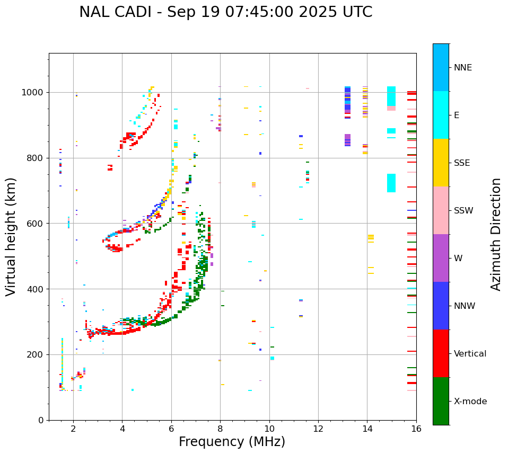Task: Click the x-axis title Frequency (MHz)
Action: (x=232, y=442)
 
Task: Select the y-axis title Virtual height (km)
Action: (x=11, y=236)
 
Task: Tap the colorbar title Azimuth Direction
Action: (x=496, y=234)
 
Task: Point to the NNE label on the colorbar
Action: (x=463, y=68)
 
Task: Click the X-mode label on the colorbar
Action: (x=470, y=402)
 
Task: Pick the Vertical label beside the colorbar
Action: (x=470, y=354)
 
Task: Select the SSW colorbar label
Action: (x=463, y=211)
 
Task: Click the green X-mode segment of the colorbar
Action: (x=441, y=401)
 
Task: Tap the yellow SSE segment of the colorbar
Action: (x=441, y=163)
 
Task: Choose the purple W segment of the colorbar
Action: (x=441, y=258)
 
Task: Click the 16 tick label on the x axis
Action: (x=416, y=429)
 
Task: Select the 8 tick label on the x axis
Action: (x=220, y=429)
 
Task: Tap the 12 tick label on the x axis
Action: (x=318, y=429)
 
